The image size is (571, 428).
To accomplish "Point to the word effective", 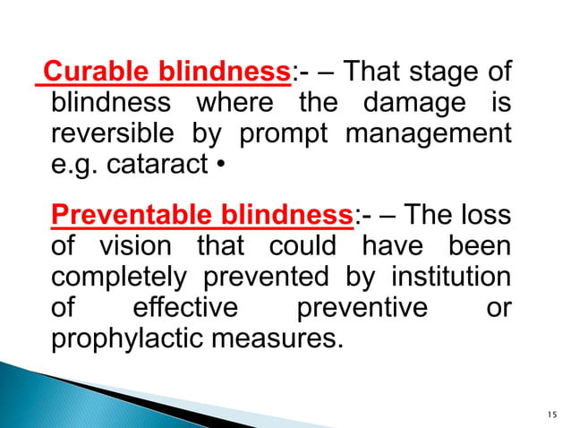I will click(x=185, y=309).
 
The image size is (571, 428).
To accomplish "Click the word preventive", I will click(x=362, y=309).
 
